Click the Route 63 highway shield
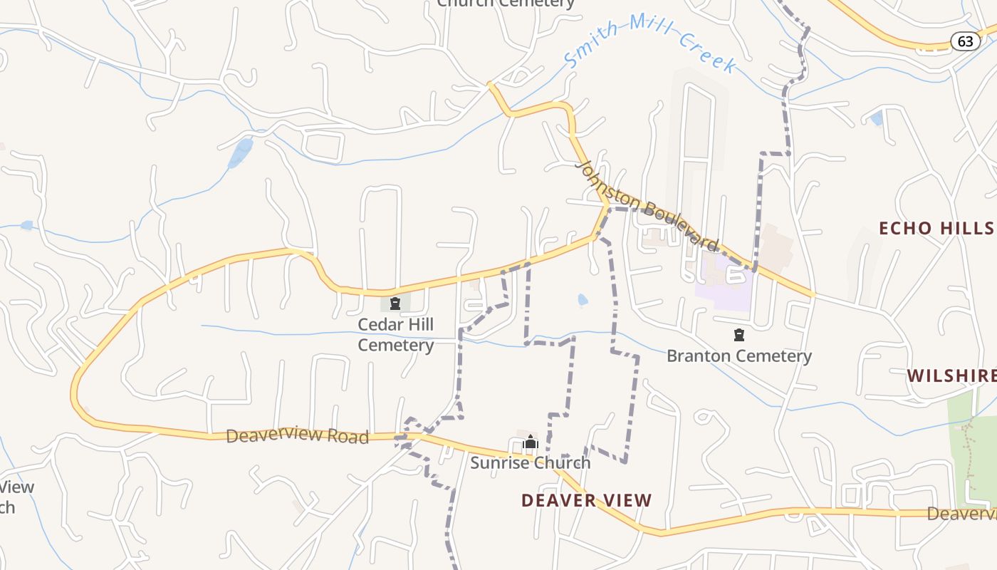coord(965,41)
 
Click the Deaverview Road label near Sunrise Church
coord(297,435)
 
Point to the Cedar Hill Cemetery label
coord(395,335)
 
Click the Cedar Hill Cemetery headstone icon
coord(395,304)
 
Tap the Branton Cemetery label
coord(739,356)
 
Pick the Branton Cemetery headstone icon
coord(739,335)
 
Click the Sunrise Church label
coord(531,462)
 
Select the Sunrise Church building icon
coord(530,442)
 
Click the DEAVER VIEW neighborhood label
coord(586,500)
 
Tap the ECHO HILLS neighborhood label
coord(936,228)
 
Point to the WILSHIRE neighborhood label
coord(951,375)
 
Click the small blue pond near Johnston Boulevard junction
coord(583,300)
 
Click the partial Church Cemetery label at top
coord(506,4)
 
